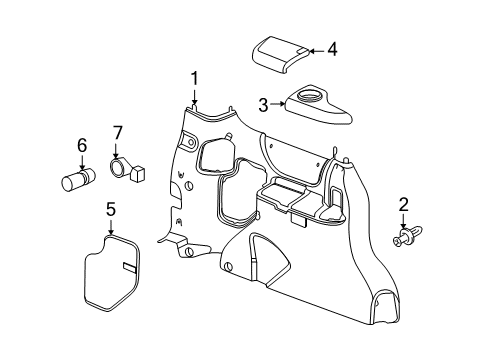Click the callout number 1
195,77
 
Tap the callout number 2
403,204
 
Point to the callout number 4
333,47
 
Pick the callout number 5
111,209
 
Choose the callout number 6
82,145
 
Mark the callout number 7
117,133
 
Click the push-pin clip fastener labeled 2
406,238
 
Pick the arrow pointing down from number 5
111,225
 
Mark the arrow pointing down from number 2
403,220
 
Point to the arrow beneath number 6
82,161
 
